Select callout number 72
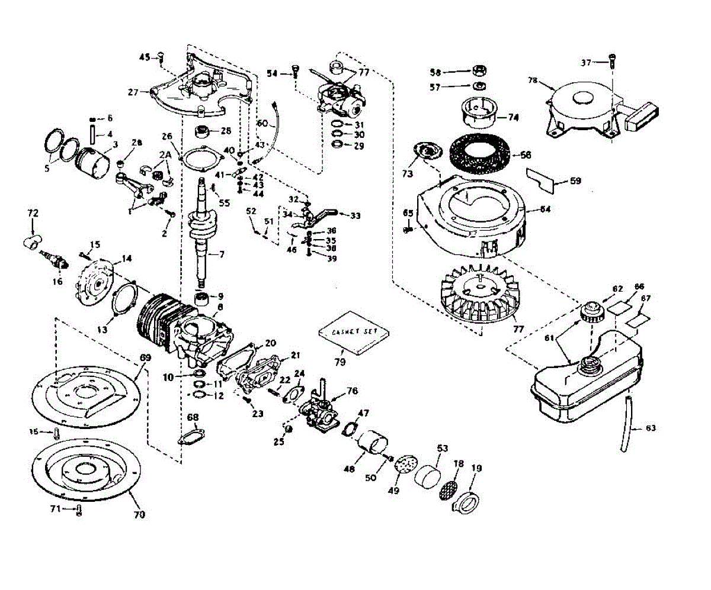click(33, 211)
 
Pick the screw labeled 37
click(612, 59)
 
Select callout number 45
click(144, 57)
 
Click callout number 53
click(441, 447)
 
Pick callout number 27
click(133, 92)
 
